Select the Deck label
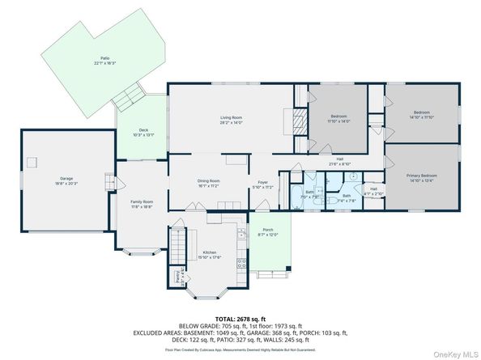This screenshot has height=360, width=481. pyautogui.click(x=143, y=132)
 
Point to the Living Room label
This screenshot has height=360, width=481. pyautogui.click(x=232, y=120)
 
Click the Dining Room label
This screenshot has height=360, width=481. pyautogui.click(x=209, y=183)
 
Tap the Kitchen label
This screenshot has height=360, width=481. pyautogui.click(x=208, y=255)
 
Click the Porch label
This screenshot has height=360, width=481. pyautogui.click(x=268, y=233)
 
